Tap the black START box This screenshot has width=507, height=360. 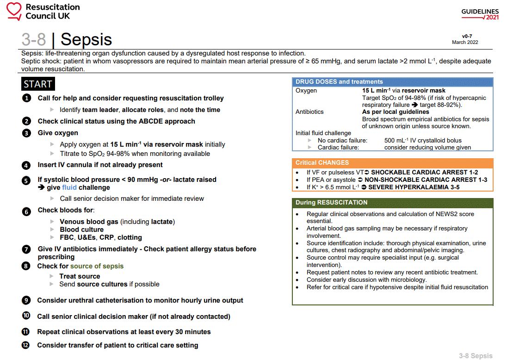38,84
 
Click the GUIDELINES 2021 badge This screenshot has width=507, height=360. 480,14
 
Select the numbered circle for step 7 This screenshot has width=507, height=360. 27,249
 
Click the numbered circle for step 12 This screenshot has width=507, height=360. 26,345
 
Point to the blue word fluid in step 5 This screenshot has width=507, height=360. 69,187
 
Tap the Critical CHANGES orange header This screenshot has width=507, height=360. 322,163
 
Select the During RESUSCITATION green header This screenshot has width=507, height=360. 331,203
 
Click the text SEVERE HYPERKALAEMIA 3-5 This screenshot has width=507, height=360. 414,187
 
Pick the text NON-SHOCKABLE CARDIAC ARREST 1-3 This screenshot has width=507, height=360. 426,180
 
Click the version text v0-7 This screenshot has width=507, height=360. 467,36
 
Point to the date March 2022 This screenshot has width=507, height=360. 465,42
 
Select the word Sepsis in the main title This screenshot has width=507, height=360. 86,39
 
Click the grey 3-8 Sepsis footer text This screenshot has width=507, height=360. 476,356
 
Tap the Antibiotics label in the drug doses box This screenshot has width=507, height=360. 309,112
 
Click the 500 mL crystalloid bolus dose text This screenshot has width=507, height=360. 422,140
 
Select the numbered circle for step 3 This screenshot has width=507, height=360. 27,133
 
